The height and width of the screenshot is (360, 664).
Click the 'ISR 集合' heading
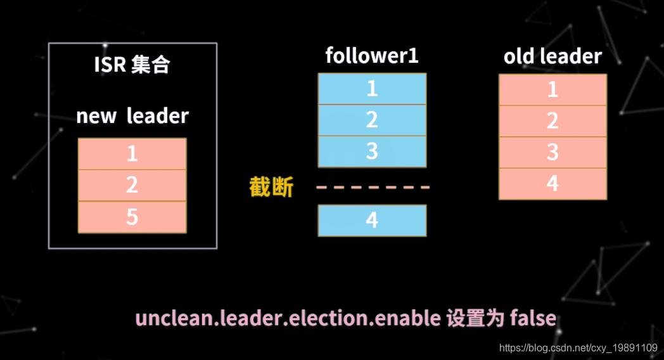[x=132, y=65]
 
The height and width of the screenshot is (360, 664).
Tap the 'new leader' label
[x=132, y=116]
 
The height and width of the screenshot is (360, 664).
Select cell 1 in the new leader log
[x=132, y=154]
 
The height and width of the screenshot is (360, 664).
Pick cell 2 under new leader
[x=132, y=185]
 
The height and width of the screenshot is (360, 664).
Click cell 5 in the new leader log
[x=132, y=217]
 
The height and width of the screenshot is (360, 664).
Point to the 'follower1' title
[x=372, y=56]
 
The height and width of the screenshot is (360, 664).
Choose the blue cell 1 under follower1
[x=372, y=89]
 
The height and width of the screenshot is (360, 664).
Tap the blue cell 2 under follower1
[x=372, y=120]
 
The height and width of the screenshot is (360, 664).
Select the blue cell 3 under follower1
[x=372, y=151]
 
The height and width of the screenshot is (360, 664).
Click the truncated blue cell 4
[x=372, y=220]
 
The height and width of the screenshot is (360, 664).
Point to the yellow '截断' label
[x=271, y=187]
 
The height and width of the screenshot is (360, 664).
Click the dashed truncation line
[x=373, y=188]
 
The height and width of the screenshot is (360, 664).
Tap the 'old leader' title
[x=552, y=56]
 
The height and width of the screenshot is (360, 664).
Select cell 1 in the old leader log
[x=552, y=89]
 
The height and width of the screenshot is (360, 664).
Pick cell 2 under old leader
[x=552, y=120]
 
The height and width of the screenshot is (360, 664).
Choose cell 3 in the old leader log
[x=552, y=152]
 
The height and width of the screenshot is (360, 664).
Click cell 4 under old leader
[x=552, y=184]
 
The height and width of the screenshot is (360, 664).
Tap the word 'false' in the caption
[x=532, y=318]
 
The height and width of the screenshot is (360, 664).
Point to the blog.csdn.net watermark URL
[x=578, y=347]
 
